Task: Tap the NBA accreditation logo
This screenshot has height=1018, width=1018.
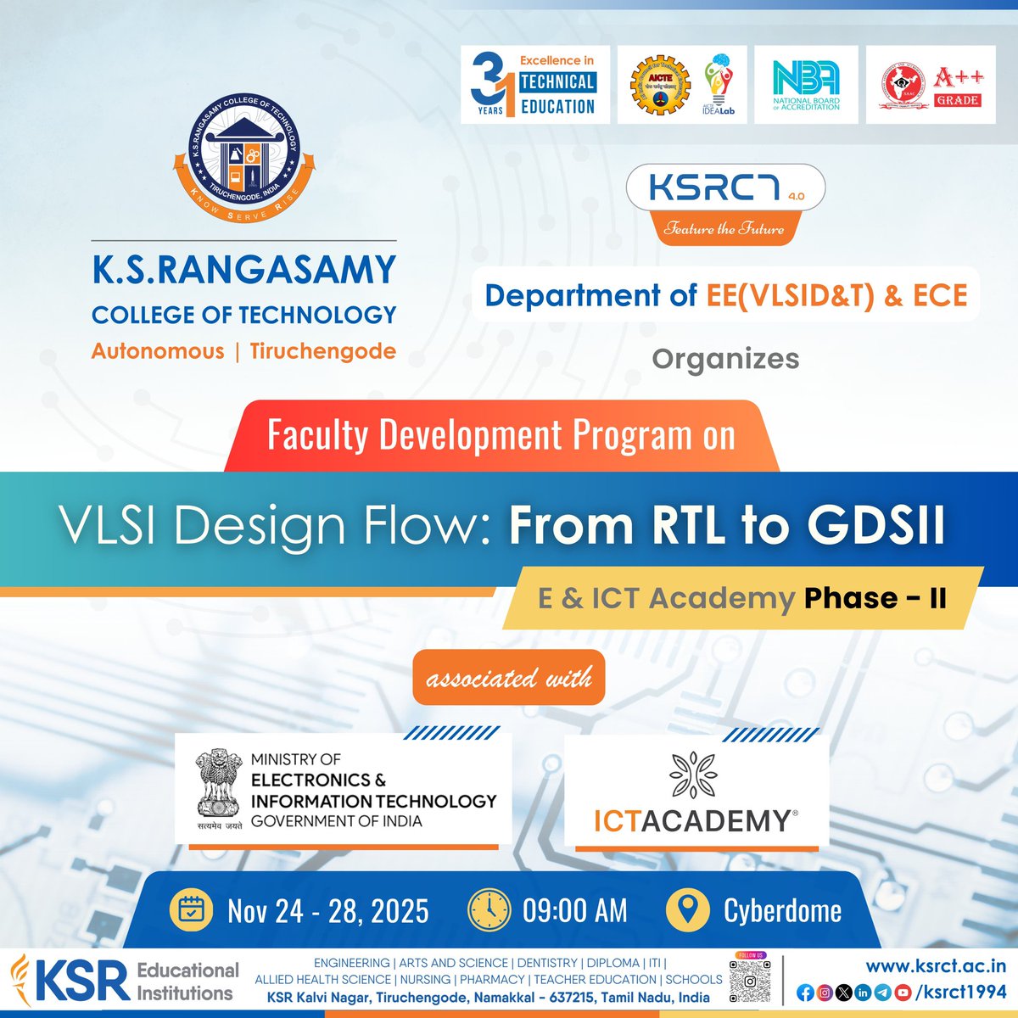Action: coord(806,85)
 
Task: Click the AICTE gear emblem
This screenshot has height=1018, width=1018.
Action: coord(659,85)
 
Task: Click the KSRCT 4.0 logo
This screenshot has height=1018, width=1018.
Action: coord(725,188)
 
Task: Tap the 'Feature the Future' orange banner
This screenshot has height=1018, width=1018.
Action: coord(724,228)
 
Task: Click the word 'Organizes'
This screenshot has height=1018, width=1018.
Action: coord(725,359)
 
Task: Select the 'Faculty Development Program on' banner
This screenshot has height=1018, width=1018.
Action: coord(501,435)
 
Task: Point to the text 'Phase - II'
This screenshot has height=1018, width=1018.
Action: coord(875,598)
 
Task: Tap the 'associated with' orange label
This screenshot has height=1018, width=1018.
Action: coord(509,678)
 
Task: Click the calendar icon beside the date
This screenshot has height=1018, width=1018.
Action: coord(193,910)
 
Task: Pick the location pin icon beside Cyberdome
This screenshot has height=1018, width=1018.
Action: coord(687,910)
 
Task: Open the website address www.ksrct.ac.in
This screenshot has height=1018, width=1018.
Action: coord(936,965)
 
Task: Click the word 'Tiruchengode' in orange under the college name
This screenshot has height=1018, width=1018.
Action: coord(322,351)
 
